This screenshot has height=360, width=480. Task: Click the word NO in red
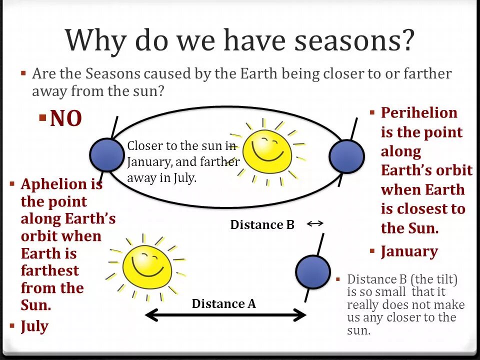click(x=66, y=118)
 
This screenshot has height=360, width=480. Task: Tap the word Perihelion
click(x=419, y=112)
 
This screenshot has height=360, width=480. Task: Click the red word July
click(x=34, y=326)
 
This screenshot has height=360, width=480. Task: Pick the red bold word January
click(x=409, y=251)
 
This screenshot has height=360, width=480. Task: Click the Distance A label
click(x=224, y=303)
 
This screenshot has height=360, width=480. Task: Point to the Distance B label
click(x=262, y=224)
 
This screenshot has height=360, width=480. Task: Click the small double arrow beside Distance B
click(x=315, y=224)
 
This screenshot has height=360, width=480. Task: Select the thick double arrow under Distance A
click(x=225, y=315)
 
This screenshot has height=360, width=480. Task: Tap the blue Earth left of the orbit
click(x=107, y=155)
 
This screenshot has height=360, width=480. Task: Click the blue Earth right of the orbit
click(x=346, y=156)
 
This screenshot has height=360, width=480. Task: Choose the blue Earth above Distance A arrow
click(x=313, y=272)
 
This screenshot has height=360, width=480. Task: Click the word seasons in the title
click(x=354, y=40)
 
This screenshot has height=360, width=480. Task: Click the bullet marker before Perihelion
click(x=372, y=112)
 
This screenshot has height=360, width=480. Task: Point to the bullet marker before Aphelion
click(x=12, y=183)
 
